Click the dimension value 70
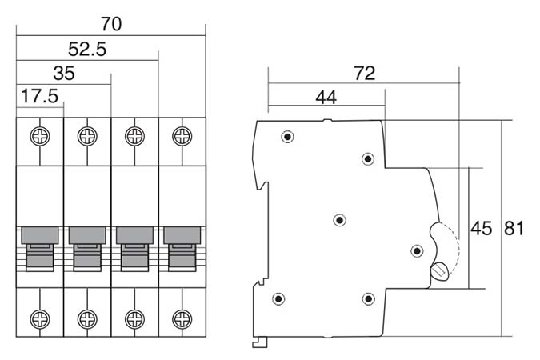pos(111,24)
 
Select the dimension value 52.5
pos(88,49)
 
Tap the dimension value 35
pos(64,74)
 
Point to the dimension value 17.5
pos(39,97)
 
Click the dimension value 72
pos(364,74)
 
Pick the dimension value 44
pos(326,98)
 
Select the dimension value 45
pos(481,229)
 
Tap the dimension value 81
pos(514,229)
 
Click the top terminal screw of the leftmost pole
pos(39,135)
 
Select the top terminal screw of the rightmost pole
pos(182,135)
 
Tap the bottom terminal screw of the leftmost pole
pos(39,318)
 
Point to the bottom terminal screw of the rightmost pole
pos(182,318)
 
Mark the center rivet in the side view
pos(339,219)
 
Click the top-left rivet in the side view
pos(287,137)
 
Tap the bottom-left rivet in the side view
pos(278,299)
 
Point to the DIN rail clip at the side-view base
pos(259,342)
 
